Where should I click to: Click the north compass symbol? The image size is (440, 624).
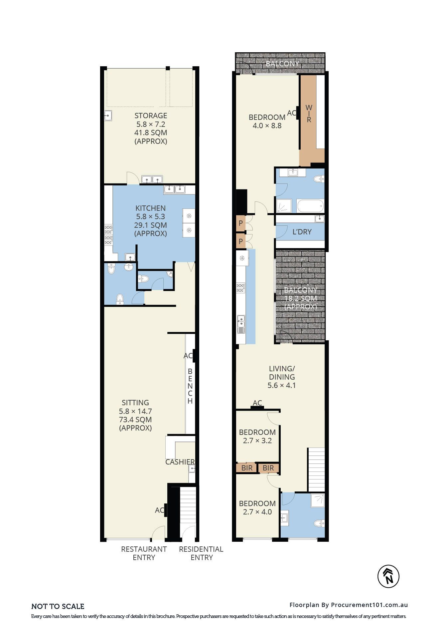click(388, 576)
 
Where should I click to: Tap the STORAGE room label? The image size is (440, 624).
click(151, 116)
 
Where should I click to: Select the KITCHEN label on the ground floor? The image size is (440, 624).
click(150, 208)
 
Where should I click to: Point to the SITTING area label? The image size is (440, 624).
click(135, 403)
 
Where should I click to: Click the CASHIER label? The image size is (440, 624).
click(180, 462)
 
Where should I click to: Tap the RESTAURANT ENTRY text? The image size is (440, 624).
click(144, 553)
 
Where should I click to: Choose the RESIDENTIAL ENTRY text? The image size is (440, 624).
click(201, 553)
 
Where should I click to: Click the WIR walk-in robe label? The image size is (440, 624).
click(309, 114)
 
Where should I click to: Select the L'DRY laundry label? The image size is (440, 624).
click(302, 232)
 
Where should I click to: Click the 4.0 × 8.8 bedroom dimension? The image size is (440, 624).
click(267, 126)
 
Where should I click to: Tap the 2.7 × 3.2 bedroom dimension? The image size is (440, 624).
click(257, 441)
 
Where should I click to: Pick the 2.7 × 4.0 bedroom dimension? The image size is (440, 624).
click(257, 512)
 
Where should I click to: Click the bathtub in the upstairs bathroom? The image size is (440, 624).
click(310, 206)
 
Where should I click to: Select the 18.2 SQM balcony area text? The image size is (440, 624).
click(301, 298)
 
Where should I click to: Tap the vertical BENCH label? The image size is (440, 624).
click(190, 386)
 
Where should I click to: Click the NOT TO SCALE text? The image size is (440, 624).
click(58, 606)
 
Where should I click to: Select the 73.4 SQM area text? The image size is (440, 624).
click(135, 420)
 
